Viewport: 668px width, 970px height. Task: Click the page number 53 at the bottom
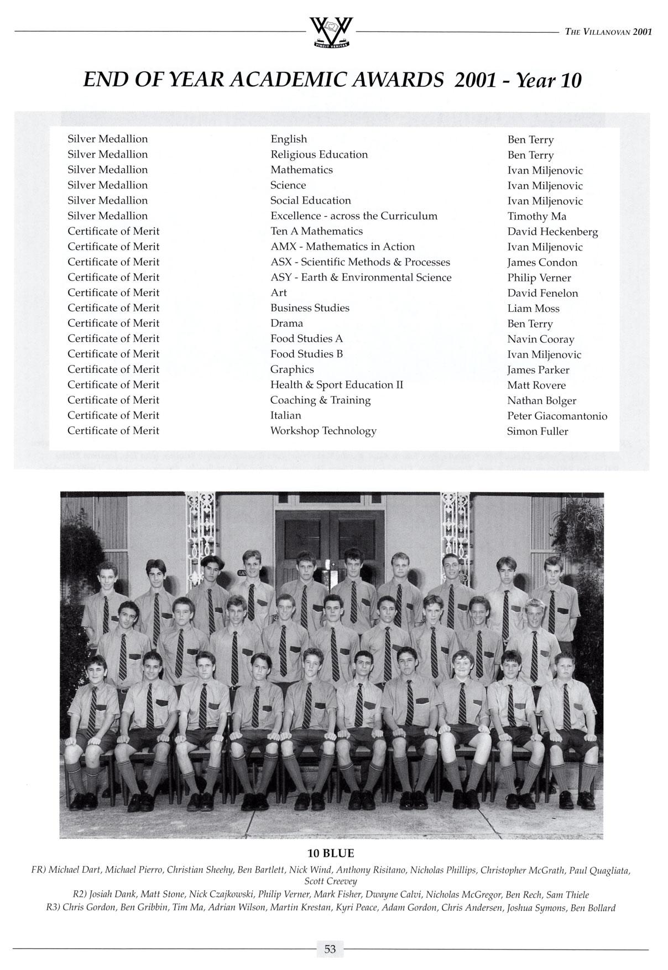[330, 949]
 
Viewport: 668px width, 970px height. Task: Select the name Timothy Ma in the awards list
[536, 217]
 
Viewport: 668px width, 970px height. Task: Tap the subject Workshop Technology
[323, 431]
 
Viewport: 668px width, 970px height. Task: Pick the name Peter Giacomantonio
[556, 416]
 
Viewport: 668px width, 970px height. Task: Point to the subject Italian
[285, 415]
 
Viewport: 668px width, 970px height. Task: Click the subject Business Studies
[310, 308]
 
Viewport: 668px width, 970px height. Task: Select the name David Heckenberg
[552, 232]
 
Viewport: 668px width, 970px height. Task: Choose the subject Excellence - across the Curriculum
[353, 216]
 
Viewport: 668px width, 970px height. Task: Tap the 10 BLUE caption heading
[331, 853]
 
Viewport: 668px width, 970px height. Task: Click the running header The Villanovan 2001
[608, 32]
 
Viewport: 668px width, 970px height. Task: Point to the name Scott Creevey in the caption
[331, 882]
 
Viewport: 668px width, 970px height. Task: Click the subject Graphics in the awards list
[292, 369]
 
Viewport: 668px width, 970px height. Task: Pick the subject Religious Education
[319, 155]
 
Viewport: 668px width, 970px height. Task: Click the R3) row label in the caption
[54, 908]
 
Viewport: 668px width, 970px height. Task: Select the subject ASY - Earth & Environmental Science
[361, 278]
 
